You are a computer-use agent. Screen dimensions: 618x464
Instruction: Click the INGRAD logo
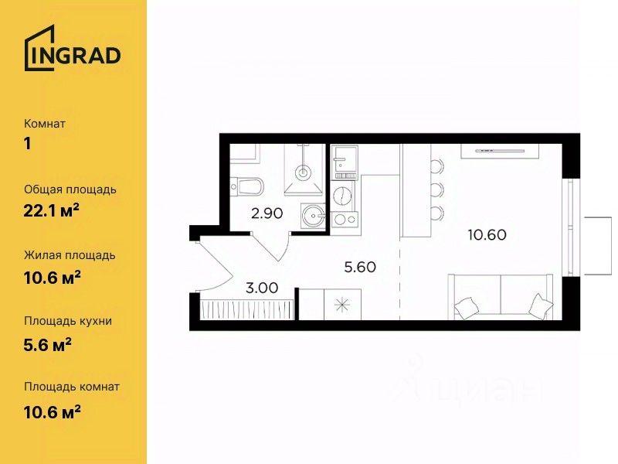tap(73, 48)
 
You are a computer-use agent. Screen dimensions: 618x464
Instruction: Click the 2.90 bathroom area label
tap(267, 213)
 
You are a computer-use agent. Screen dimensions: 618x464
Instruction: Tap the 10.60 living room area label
tap(487, 235)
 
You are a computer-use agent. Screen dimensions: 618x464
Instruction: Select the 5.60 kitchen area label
tap(360, 267)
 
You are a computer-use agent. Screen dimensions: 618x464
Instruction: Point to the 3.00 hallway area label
tap(262, 288)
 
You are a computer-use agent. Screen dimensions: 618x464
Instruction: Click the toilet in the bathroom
tap(247, 186)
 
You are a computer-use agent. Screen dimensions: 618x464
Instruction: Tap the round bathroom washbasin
tap(314, 216)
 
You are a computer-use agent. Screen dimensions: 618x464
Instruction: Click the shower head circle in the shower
tap(303, 172)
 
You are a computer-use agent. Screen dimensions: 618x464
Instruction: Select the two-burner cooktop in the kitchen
tap(345, 219)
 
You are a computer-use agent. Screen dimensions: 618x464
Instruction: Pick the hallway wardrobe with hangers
tap(247, 309)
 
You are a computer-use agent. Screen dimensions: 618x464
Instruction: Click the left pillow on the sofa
tap(466, 305)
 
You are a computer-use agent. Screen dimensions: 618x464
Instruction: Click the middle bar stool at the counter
tap(436, 190)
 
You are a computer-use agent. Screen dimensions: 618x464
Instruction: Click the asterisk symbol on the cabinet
tap(342, 305)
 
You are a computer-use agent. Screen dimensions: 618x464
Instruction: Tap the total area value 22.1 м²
tap(52, 211)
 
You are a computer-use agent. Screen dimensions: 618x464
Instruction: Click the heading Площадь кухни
tap(68, 321)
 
